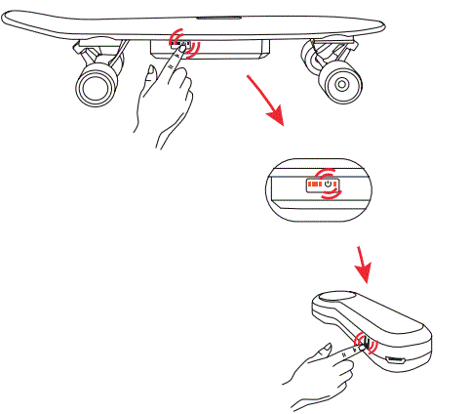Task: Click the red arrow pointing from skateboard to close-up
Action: (268, 104)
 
